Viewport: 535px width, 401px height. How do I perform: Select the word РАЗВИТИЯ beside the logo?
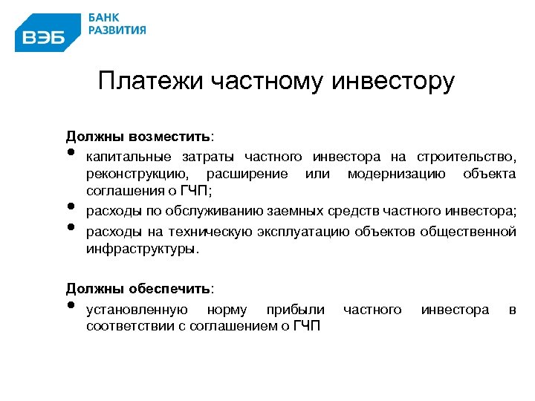pyautogui.click(x=117, y=30)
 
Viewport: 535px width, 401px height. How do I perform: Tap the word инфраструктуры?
pyautogui.click(x=142, y=250)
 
